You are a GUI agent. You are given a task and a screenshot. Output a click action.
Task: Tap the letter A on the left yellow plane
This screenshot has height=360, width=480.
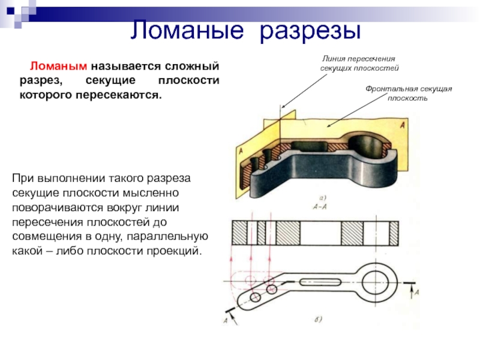241,153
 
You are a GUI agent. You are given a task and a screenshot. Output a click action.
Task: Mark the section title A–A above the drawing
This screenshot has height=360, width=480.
320,205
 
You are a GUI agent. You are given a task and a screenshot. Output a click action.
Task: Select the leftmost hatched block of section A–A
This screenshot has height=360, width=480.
242,231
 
